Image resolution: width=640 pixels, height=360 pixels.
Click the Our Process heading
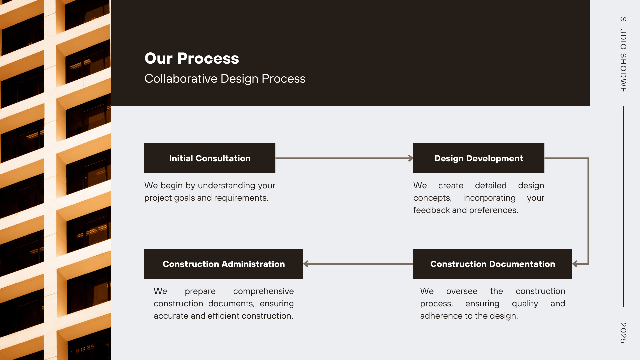[x=192, y=58]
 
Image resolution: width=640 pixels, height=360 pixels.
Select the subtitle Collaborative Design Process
[x=225, y=79]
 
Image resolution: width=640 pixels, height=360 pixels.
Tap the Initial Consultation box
[x=210, y=158]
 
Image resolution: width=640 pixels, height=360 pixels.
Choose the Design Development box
[x=479, y=158]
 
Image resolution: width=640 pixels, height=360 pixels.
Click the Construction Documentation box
[x=493, y=264]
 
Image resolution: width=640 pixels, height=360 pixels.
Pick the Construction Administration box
[x=224, y=264]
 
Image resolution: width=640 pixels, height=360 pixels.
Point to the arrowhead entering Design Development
[x=411, y=158]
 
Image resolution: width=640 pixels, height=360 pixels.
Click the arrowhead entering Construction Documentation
[x=575, y=264]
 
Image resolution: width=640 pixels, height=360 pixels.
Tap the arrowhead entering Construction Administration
[x=306, y=264]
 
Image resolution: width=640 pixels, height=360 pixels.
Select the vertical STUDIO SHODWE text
[x=623, y=54]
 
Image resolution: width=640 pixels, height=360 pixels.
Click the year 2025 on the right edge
[x=623, y=333]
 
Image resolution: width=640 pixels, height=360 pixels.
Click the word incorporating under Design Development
[x=489, y=198]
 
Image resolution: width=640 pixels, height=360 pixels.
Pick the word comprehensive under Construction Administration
[x=263, y=291]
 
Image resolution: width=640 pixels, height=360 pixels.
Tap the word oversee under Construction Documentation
[x=462, y=291]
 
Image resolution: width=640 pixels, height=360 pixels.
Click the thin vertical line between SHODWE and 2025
[x=623, y=207]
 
